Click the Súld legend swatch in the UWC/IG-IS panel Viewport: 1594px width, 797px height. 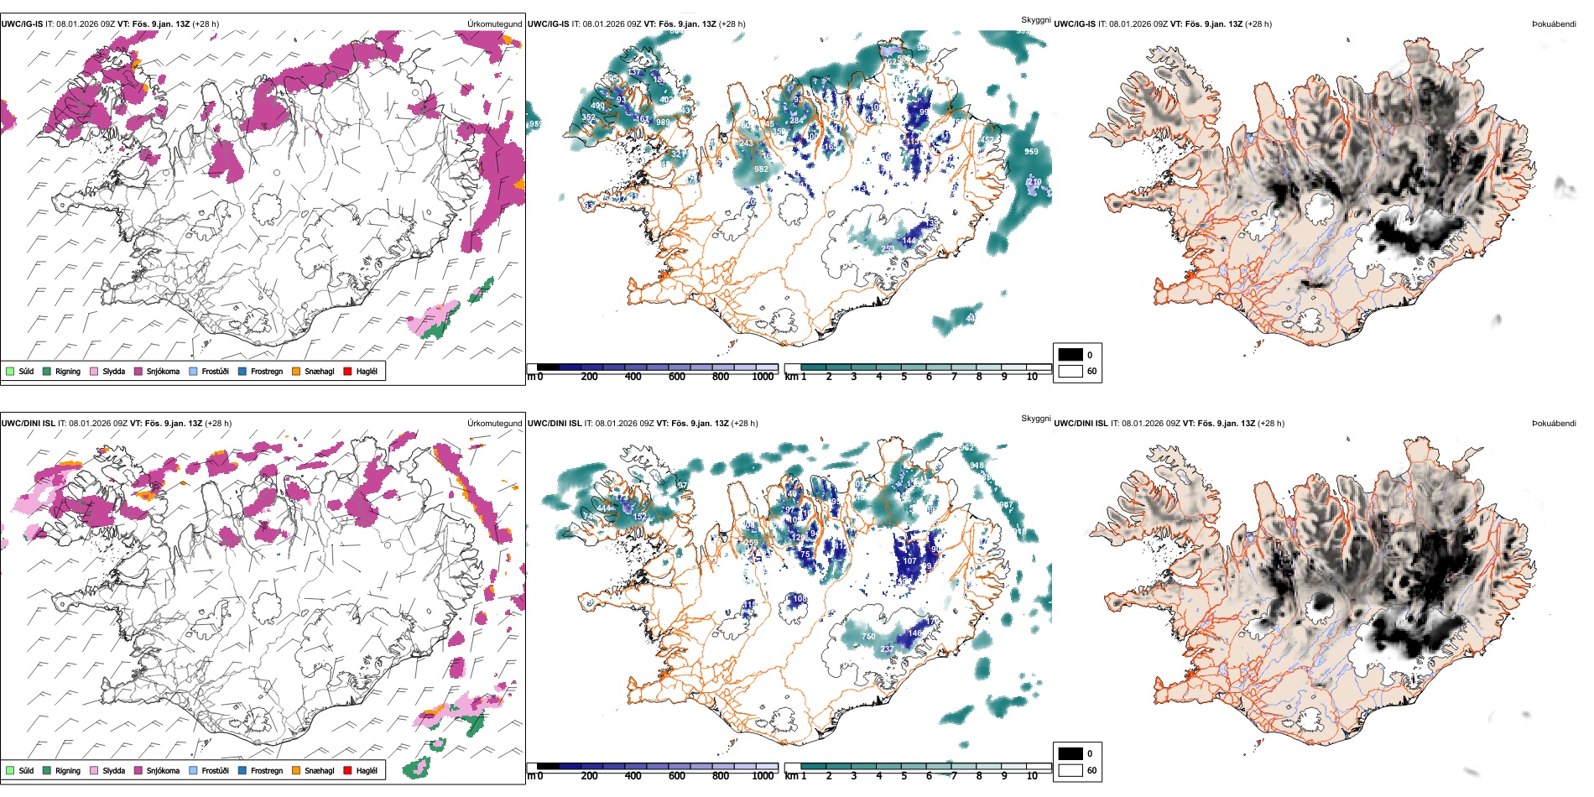(10, 371)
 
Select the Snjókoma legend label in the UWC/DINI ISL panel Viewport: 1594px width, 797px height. (163, 770)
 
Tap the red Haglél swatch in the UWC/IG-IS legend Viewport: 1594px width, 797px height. (347, 371)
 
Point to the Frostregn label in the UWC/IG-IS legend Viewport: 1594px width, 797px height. (267, 371)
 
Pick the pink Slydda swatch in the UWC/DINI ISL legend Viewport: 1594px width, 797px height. (94, 770)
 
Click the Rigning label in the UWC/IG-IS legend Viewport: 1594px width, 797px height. (68, 371)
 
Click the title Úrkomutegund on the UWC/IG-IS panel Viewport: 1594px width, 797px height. (494, 24)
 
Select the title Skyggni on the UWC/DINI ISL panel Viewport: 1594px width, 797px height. (1035, 419)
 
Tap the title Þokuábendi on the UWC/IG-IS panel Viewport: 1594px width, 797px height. (1554, 24)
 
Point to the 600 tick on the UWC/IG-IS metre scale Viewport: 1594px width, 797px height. (676, 377)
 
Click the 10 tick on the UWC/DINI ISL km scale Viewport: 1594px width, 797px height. (1032, 776)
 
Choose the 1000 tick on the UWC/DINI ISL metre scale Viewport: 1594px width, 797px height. (763, 776)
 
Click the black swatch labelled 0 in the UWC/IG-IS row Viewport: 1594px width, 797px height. (1070, 355)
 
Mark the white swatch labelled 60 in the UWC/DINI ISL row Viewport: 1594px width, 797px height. (1070, 770)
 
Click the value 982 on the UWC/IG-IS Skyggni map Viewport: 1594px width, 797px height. (761, 169)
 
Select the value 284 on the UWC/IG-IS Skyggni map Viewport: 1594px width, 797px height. (796, 120)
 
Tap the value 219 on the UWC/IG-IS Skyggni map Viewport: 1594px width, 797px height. (1034, 182)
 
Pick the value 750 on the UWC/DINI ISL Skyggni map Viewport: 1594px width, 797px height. (868, 637)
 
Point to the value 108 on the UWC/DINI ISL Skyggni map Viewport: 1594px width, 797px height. (800, 599)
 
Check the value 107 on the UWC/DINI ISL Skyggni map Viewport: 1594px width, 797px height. (909, 561)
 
